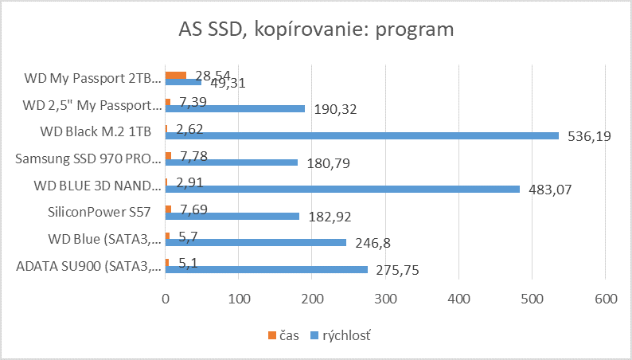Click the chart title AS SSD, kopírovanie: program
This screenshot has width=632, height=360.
[316, 30]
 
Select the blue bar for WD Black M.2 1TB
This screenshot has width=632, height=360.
[295, 135]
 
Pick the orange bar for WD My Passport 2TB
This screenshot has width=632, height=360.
[175, 76]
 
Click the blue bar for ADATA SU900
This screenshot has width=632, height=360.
[267, 269]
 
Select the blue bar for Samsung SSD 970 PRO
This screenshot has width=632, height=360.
[232, 162]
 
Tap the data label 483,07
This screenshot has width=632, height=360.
[549, 190]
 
